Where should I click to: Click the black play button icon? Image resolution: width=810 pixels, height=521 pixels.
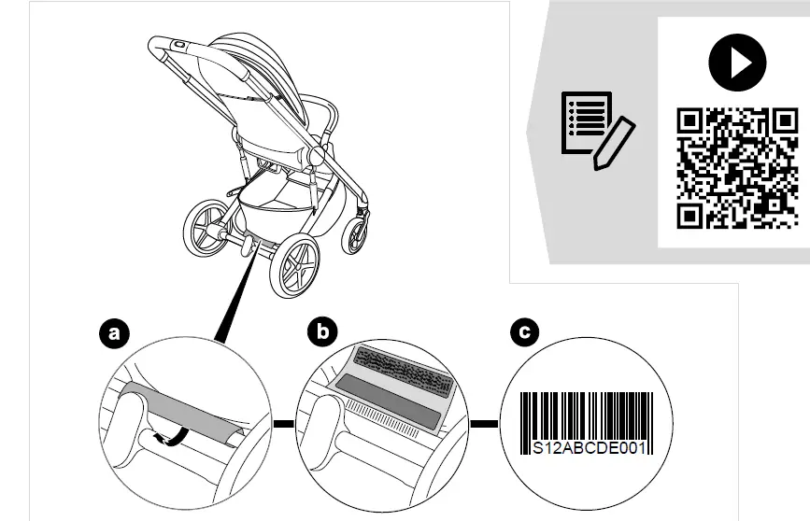pos(736,63)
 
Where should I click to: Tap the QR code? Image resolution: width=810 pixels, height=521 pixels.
pos(736,168)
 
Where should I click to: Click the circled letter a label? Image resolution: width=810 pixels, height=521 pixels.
pos(115,333)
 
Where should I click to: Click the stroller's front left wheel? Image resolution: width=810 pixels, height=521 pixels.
pos(207,228)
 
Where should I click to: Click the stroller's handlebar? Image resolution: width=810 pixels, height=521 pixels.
pos(173,47)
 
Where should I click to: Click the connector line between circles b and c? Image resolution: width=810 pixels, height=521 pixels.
pos(483,425)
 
